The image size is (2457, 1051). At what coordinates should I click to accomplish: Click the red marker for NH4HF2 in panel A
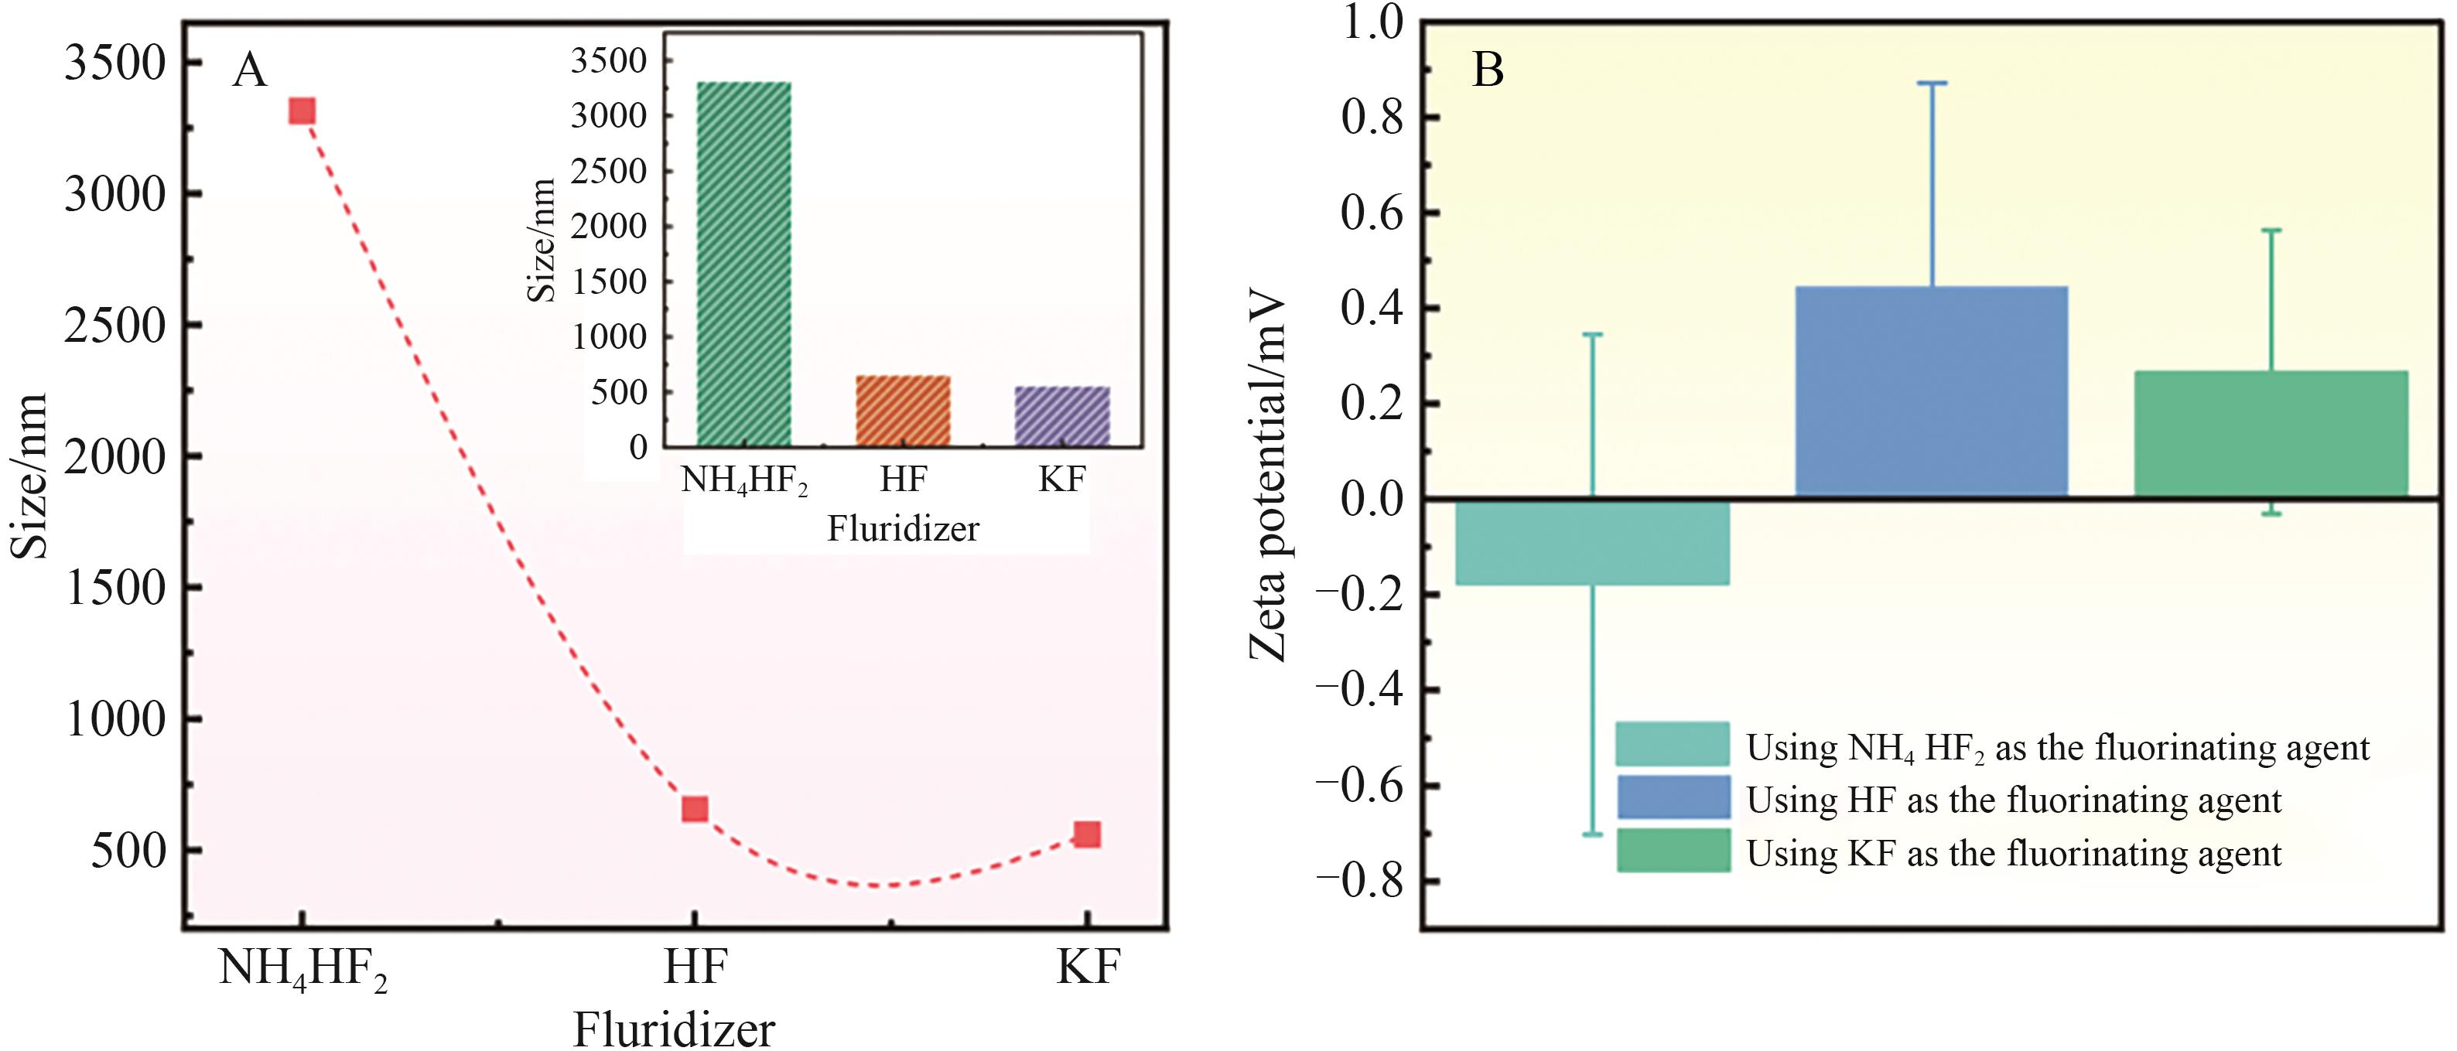[302, 111]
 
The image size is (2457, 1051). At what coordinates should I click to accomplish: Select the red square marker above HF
[695, 810]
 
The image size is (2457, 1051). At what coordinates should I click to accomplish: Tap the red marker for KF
[1088, 834]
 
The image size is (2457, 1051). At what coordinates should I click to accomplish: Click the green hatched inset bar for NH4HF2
[744, 264]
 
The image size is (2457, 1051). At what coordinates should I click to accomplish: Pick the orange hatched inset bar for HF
[902, 411]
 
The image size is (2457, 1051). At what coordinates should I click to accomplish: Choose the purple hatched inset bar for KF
[1061, 417]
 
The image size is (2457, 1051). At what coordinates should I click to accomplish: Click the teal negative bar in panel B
[1592, 541]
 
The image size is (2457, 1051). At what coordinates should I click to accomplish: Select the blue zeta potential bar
[1932, 391]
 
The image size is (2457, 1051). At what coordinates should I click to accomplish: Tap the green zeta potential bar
[2271, 433]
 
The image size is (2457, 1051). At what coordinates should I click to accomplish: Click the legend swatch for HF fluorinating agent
[1673, 797]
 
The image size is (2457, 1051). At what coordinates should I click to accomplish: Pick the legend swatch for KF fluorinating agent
[1673, 851]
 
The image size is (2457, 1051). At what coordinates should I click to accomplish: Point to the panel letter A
[250, 70]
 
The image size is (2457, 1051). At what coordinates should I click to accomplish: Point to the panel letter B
[1488, 70]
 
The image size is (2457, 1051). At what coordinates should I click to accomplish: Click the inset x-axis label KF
[1061, 479]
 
